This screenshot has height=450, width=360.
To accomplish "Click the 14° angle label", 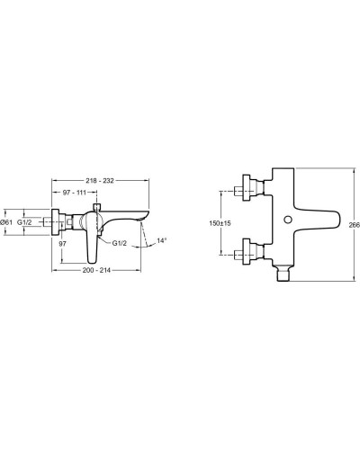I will (x=162, y=241).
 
